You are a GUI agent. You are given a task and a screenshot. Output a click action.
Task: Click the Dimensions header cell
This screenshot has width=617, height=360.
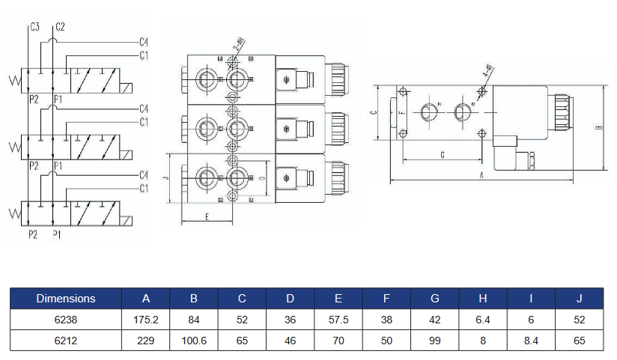pos(66,299)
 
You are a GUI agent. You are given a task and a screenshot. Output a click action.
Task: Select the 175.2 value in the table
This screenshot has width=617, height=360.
pos(146,320)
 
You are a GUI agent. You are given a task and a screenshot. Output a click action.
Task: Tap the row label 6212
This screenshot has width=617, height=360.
pos(66,341)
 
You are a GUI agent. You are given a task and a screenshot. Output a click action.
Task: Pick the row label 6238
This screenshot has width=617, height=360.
pos(66,320)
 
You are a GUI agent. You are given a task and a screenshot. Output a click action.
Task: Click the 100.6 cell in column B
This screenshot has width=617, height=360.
pos(194,341)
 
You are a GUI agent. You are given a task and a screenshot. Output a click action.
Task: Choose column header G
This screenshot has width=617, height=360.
pos(435,299)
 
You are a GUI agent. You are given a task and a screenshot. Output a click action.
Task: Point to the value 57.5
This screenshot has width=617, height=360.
pos(338,320)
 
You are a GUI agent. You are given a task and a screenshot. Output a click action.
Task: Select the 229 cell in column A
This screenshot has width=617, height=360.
pos(146,341)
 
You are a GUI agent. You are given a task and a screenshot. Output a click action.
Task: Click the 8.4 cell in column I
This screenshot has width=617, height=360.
pos(531,341)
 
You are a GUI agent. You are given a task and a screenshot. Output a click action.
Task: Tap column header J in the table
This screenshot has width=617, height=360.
pos(579,299)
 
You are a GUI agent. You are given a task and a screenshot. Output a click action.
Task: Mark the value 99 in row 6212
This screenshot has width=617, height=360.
pos(435,341)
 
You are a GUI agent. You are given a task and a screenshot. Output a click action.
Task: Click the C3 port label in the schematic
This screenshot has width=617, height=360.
pos(34,27)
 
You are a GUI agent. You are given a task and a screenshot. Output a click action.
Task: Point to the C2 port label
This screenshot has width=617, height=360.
pos(60,27)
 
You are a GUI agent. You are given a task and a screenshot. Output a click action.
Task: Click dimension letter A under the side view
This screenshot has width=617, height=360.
pos(481,174)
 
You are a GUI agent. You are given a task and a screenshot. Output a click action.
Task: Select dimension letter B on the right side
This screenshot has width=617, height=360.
pos(598,127)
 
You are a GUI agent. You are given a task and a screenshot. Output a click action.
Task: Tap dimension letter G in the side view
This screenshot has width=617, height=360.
pos(442,154)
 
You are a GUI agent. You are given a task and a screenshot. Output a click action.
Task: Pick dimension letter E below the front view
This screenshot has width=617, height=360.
pos(206,216)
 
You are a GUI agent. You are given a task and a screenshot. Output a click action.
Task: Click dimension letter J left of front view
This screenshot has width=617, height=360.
pos(166,178)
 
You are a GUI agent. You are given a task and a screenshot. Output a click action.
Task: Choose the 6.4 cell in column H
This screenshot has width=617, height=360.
pos(483,320)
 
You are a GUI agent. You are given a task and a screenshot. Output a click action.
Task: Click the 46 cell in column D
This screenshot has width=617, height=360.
pos(291,341)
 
